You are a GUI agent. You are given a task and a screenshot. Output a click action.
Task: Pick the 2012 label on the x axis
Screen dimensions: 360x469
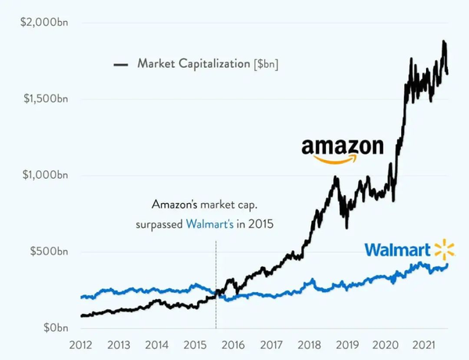coord(81,344)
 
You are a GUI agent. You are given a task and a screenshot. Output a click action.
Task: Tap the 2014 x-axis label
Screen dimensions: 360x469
coord(157,344)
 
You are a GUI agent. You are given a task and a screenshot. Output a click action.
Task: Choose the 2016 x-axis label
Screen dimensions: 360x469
coord(233,344)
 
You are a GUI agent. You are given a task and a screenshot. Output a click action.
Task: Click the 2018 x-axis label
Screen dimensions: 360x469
coord(309,344)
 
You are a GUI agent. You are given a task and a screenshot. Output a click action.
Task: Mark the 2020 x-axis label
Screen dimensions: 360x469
coord(385,344)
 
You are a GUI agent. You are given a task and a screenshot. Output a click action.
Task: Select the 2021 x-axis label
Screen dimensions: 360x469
coord(423,344)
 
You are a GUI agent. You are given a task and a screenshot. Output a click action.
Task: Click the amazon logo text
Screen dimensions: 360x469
coord(342,146)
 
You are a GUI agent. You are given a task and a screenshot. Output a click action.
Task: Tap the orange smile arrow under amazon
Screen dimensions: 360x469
coord(335,159)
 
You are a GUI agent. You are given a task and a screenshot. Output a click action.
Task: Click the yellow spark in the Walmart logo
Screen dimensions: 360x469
coord(444,251)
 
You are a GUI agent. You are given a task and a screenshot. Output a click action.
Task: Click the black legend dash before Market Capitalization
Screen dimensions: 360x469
coord(121,64)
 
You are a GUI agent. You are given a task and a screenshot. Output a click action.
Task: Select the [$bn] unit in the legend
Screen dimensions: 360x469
coord(267,64)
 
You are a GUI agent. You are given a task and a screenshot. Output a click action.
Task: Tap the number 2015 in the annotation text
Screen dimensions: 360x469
coord(263,224)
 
